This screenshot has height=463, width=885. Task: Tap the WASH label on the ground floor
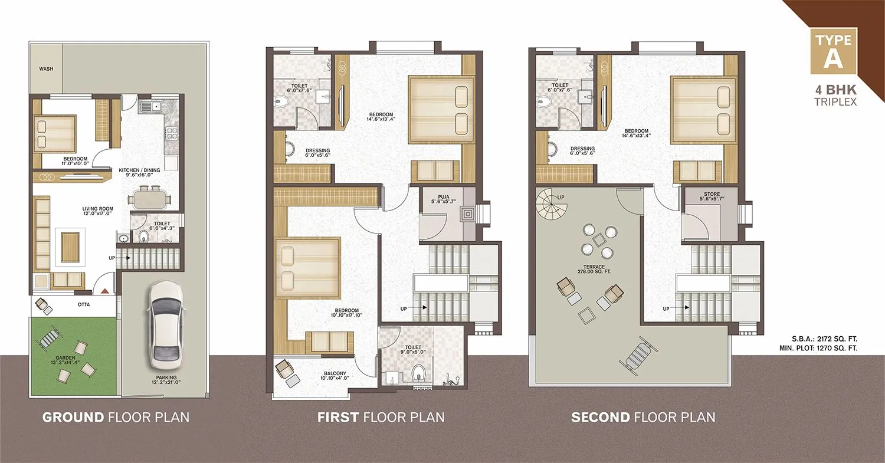point(46,69)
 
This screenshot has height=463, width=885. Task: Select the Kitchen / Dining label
point(136,172)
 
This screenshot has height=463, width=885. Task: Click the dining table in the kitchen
point(150,198)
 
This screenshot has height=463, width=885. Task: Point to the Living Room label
point(98,211)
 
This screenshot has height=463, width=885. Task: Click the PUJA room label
point(444,201)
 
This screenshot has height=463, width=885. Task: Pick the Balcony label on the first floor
point(334,376)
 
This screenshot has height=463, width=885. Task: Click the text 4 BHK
point(833,90)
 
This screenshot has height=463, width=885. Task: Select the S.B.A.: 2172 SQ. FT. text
point(824,339)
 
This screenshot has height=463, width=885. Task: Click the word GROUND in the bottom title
point(73,418)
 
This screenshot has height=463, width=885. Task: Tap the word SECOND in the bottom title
point(599,418)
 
